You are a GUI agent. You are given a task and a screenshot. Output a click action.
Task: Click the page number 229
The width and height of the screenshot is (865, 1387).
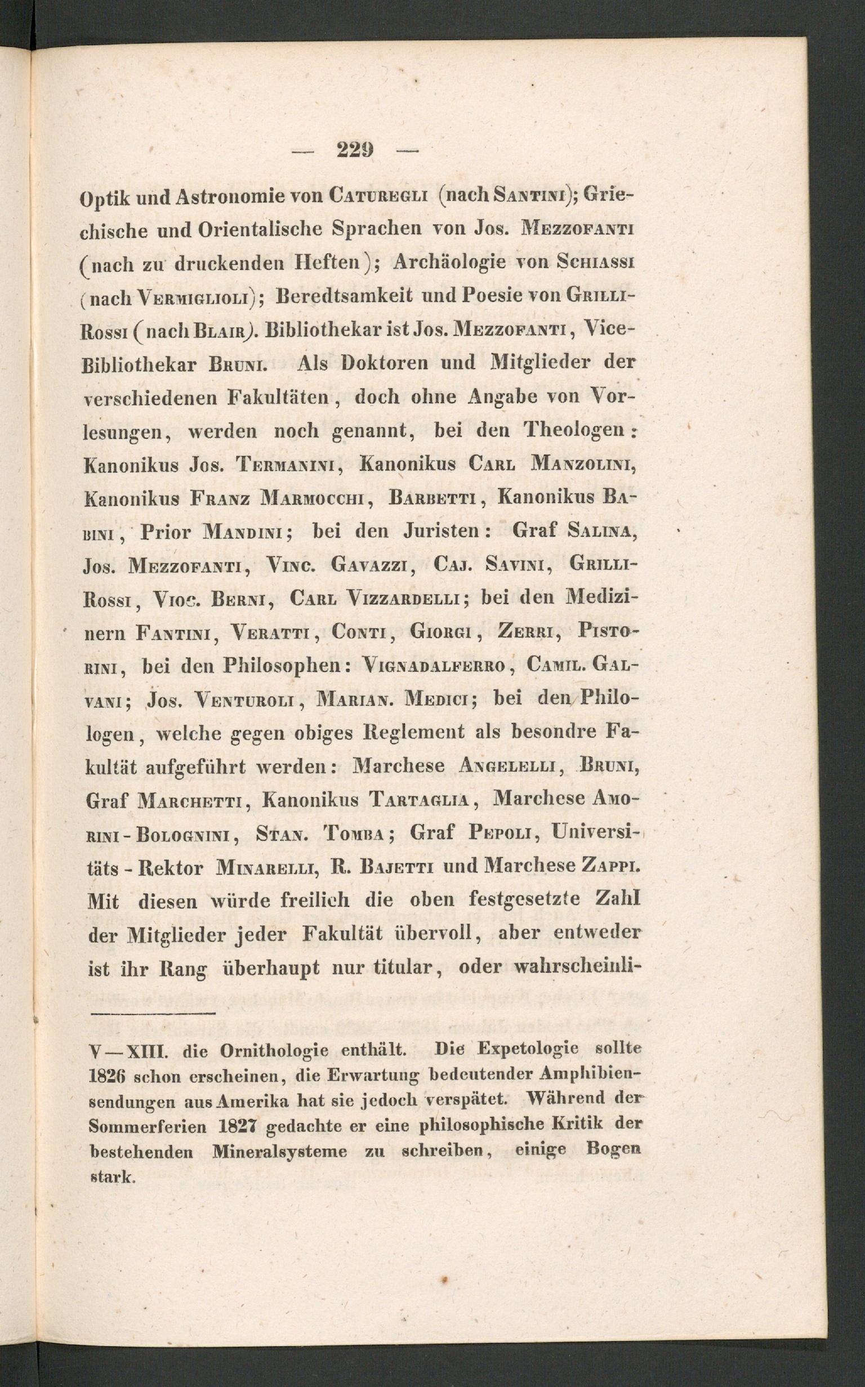[x=355, y=150]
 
